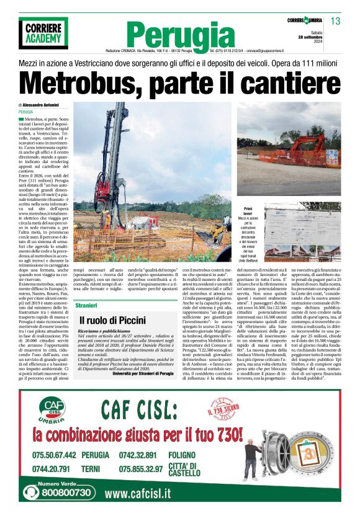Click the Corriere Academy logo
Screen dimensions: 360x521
click(43, 33)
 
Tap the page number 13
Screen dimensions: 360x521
click(335, 22)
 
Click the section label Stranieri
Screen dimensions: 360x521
click(86, 306)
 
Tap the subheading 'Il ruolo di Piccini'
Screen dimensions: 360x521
click(112, 320)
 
